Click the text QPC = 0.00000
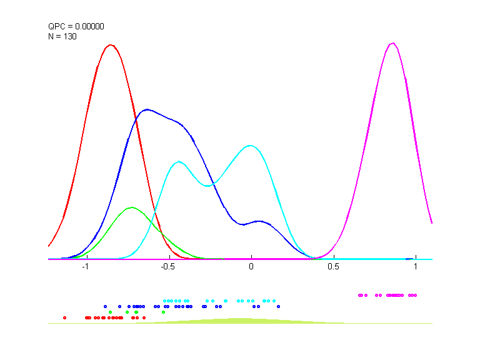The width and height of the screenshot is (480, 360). click(76, 26)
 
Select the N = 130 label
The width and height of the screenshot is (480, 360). click(62, 36)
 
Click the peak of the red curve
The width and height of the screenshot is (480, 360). click(111, 45)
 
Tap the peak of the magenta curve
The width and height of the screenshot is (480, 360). click(392, 43)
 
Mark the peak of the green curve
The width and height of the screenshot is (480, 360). click(131, 207)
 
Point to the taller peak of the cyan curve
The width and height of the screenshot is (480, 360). click(251, 146)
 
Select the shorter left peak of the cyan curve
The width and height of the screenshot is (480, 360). click(179, 161)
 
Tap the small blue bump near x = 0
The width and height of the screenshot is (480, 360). click(259, 221)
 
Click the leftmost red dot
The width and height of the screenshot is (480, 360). click(64, 317)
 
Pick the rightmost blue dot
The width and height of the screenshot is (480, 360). click(278, 306)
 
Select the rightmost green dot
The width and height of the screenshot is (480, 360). click(163, 312)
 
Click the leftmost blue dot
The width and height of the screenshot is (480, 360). click(105, 306)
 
